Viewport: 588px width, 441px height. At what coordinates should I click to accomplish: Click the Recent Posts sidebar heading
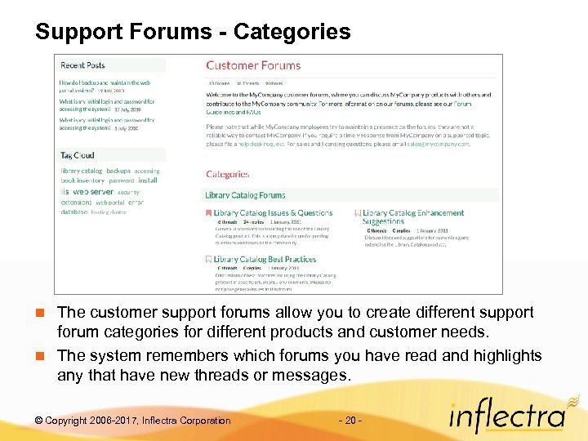coord(82,65)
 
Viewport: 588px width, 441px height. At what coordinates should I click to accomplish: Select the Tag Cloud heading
coord(77,155)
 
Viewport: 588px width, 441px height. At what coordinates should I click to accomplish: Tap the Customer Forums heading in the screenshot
coord(253,65)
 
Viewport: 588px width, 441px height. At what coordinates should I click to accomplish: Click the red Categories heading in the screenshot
coord(228,174)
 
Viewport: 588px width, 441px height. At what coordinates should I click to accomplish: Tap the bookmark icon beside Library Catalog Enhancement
coord(358,213)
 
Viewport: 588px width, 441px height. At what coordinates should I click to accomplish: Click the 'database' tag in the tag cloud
coord(73,212)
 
